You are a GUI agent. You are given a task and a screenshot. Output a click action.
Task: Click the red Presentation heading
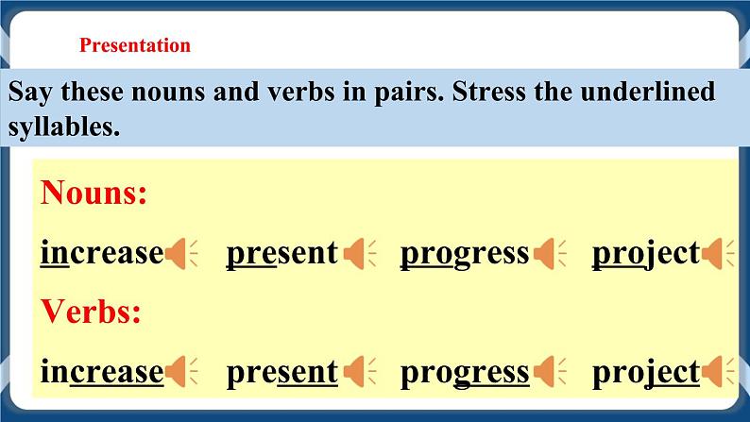(135, 45)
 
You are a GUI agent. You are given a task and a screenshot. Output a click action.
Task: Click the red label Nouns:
(94, 194)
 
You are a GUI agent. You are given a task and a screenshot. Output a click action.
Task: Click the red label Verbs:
(91, 312)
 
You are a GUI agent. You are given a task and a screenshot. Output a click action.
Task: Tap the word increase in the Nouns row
(102, 253)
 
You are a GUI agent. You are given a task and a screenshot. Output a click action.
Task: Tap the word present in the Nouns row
(281, 253)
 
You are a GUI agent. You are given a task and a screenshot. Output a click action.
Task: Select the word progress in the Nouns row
(464, 253)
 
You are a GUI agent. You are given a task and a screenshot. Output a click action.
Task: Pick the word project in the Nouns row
(645, 253)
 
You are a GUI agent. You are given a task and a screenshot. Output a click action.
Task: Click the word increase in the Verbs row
(102, 372)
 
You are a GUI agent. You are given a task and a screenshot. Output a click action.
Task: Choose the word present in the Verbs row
(281, 372)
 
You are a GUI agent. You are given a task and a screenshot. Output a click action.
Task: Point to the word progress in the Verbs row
(464, 372)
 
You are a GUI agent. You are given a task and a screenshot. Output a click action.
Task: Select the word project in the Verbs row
(645, 372)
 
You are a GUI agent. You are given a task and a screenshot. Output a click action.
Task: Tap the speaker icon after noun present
(358, 253)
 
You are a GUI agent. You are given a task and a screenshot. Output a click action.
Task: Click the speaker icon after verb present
(358, 372)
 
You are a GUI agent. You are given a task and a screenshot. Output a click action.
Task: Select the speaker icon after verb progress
(548, 372)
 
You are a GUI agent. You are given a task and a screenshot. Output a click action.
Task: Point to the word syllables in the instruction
(63, 127)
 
